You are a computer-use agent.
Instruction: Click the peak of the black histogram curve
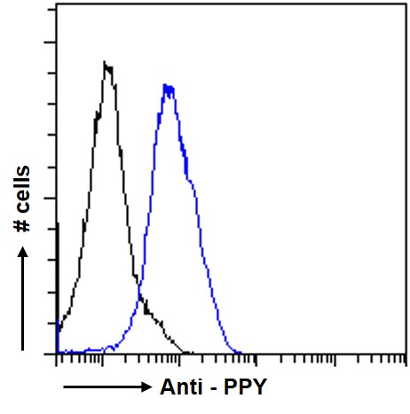pyautogui.click(x=106, y=64)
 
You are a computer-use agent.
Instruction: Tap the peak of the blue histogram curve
pyautogui.click(x=168, y=86)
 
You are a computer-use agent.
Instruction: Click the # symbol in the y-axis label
pyautogui.click(x=24, y=227)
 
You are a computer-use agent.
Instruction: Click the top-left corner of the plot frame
pyautogui.click(x=57, y=7)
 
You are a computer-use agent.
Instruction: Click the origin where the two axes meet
pyautogui.click(x=57, y=354)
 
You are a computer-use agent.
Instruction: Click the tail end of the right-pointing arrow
pyautogui.click(x=65, y=387)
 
